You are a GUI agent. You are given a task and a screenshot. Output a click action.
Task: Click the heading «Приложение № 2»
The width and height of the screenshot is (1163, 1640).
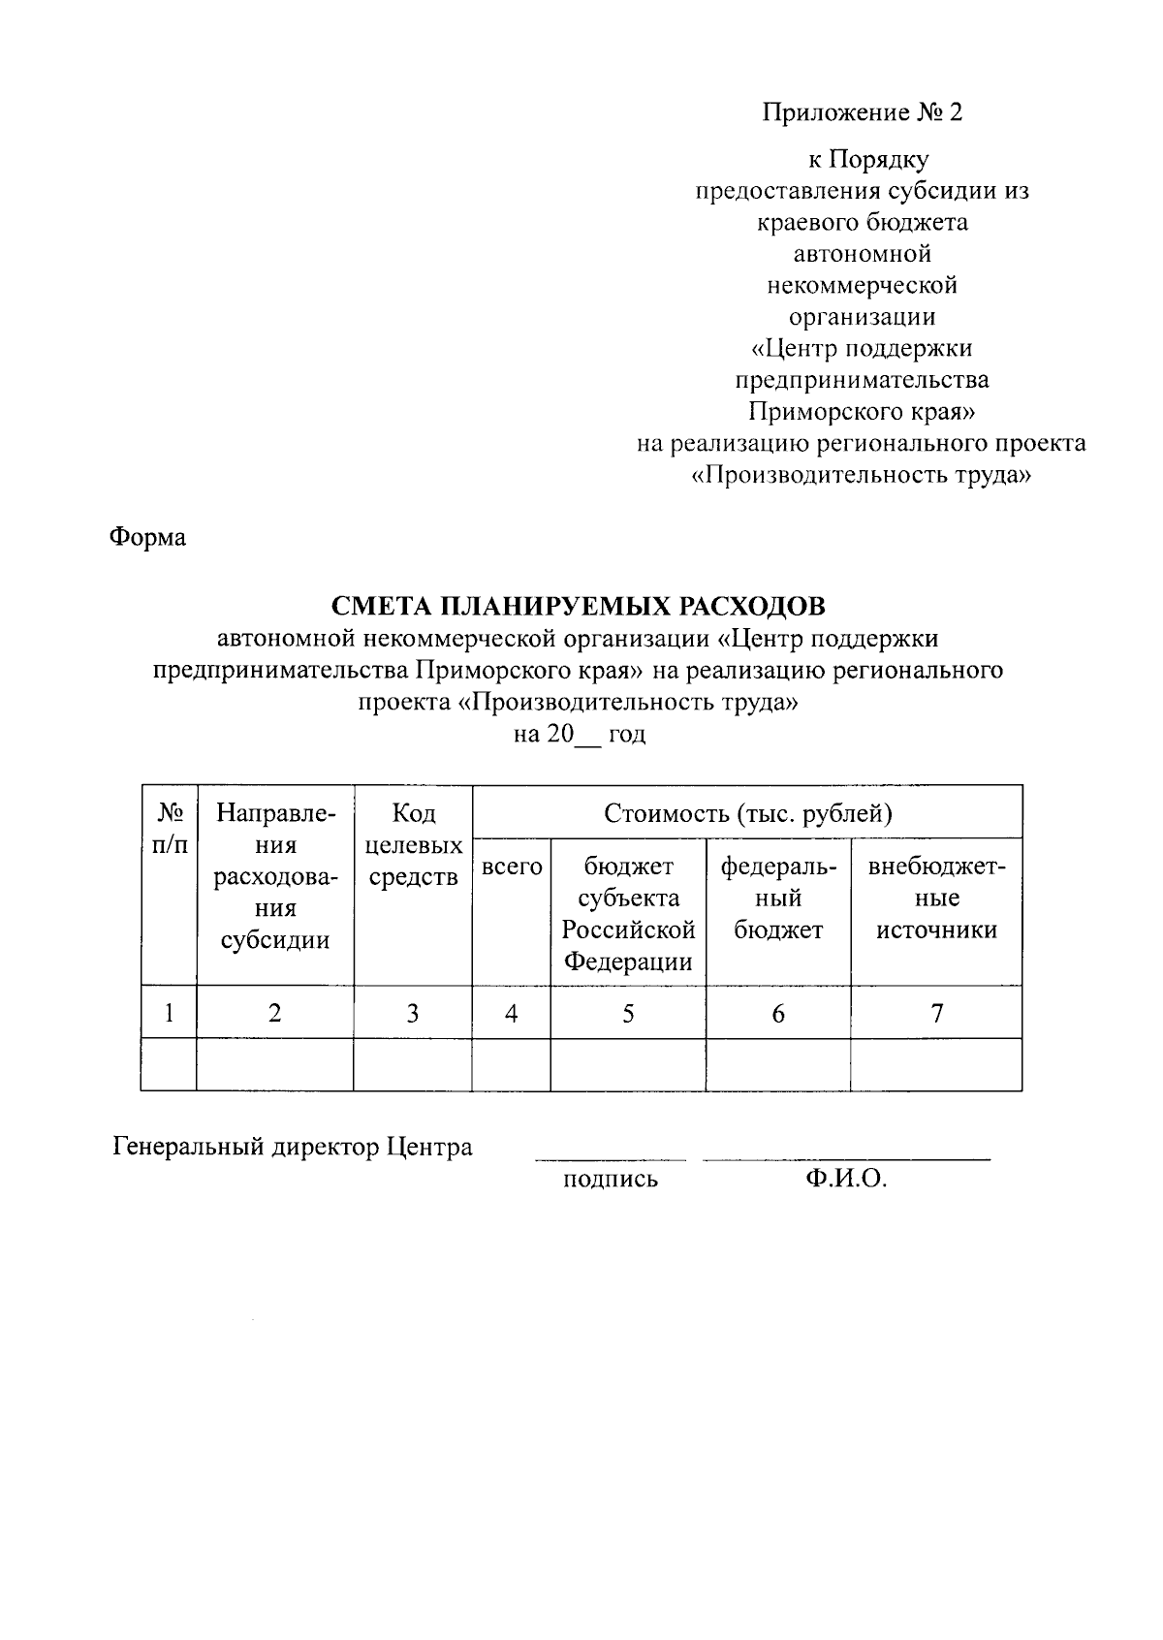pyautogui.click(x=862, y=113)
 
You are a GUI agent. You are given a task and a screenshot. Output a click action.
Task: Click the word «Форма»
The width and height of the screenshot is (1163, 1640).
pyautogui.click(x=147, y=536)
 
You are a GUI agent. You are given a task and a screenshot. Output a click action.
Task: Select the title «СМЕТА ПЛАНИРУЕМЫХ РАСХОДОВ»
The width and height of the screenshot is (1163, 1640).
pyautogui.click(x=579, y=607)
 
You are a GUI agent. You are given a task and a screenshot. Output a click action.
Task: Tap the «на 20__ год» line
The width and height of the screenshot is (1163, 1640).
pyautogui.click(x=579, y=734)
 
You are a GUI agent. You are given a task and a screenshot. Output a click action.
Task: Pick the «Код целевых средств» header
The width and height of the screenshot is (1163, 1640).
pyautogui.click(x=413, y=845)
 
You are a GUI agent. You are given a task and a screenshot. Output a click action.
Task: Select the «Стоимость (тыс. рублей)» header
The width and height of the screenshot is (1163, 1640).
pyautogui.click(x=747, y=812)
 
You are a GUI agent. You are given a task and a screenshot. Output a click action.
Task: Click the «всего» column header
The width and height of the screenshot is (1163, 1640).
pyautogui.click(x=512, y=867)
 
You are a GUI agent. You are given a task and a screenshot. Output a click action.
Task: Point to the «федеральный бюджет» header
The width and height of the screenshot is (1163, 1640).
pyautogui.click(x=778, y=899)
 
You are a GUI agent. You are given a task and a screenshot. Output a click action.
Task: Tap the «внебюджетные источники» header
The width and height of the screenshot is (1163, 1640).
pyautogui.click(x=936, y=899)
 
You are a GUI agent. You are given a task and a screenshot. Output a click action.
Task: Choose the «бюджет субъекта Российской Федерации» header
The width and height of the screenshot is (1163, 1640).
pyautogui.click(x=628, y=914)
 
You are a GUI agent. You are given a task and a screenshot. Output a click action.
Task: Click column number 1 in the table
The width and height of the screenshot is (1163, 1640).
pyautogui.click(x=169, y=1014)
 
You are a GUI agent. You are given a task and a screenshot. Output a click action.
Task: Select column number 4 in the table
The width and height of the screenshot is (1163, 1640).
pyautogui.click(x=511, y=1014)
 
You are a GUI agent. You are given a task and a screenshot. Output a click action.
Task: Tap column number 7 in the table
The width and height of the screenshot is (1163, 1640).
pyautogui.click(x=936, y=1014)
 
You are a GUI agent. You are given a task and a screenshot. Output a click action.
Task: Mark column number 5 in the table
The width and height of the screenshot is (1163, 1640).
pyautogui.click(x=628, y=1014)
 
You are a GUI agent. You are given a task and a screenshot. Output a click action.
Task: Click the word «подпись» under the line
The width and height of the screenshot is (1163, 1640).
pyautogui.click(x=610, y=1180)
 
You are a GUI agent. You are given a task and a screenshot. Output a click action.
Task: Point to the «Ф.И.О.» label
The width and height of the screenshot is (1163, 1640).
pyautogui.click(x=845, y=1179)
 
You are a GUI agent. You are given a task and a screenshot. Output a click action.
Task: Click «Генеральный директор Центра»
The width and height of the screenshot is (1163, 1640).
pyautogui.click(x=293, y=1148)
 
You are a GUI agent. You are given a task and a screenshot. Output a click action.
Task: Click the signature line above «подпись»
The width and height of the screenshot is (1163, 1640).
pyautogui.click(x=611, y=1159)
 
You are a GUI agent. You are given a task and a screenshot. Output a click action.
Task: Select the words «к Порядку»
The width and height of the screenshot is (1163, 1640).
pyautogui.click(x=862, y=160)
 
